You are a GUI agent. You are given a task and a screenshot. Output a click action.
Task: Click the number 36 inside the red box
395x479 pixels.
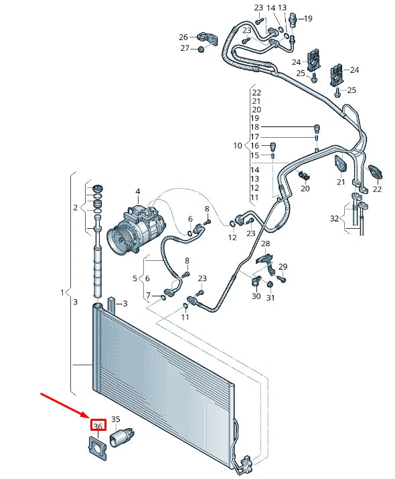[x=98, y=426]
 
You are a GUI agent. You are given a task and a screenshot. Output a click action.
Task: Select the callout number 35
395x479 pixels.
[x=115, y=420]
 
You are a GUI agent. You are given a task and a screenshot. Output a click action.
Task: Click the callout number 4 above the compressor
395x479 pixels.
[x=137, y=192]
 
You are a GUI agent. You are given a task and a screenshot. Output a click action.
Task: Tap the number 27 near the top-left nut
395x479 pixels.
[x=184, y=48]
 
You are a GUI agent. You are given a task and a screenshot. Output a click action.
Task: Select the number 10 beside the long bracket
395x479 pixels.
[x=238, y=145]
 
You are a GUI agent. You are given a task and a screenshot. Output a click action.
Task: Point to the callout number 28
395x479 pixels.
[x=265, y=244]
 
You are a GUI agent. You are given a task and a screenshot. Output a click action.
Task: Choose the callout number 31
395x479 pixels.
[x=270, y=298]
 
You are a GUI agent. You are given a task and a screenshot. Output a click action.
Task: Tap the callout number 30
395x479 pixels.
[x=256, y=296]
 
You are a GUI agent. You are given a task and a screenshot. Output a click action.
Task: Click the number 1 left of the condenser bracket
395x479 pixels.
[x=62, y=292]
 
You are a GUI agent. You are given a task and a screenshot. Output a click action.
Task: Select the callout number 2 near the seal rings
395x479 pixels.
[x=76, y=208]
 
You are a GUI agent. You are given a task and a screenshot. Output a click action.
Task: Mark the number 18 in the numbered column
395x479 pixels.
[x=254, y=127]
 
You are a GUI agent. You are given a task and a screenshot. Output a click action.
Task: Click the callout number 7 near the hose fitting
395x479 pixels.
[x=149, y=295]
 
